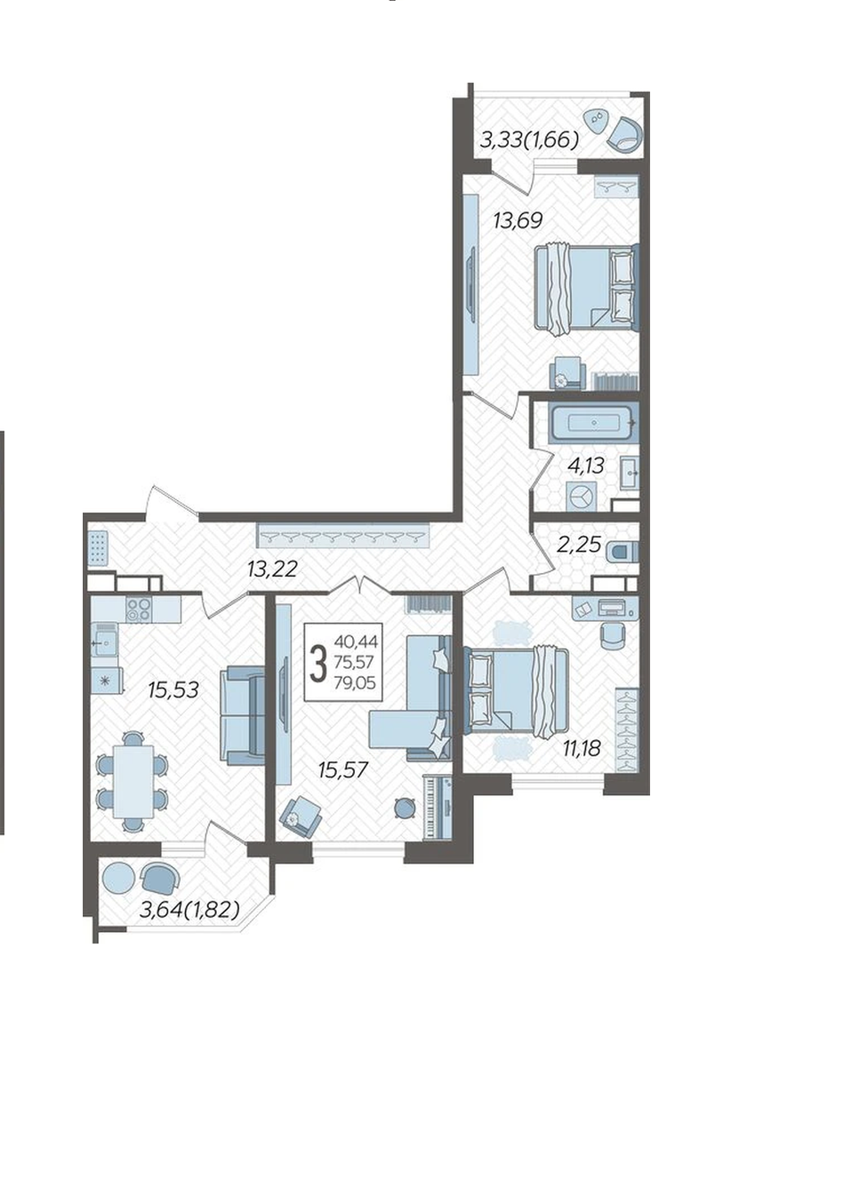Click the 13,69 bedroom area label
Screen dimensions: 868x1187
tap(518, 220)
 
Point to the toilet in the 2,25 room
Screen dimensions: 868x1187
tap(624, 552)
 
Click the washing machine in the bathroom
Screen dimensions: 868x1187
tap(581, 497)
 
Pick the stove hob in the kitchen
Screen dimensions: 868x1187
tap(139, 609)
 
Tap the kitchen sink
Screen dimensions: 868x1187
tap(105, 642)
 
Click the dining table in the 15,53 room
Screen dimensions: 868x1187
tap(133, 782)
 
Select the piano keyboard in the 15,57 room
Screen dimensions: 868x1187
tap(437, 809)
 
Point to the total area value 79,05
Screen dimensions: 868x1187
tap(355, 683)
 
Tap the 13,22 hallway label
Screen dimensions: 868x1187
tap(272, 570)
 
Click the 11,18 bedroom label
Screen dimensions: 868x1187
tap(582, 748)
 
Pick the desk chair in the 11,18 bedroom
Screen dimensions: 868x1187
tap(613, 636)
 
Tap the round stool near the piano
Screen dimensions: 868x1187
tap(406, 809)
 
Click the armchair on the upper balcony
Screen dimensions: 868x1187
tap(624, 133)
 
